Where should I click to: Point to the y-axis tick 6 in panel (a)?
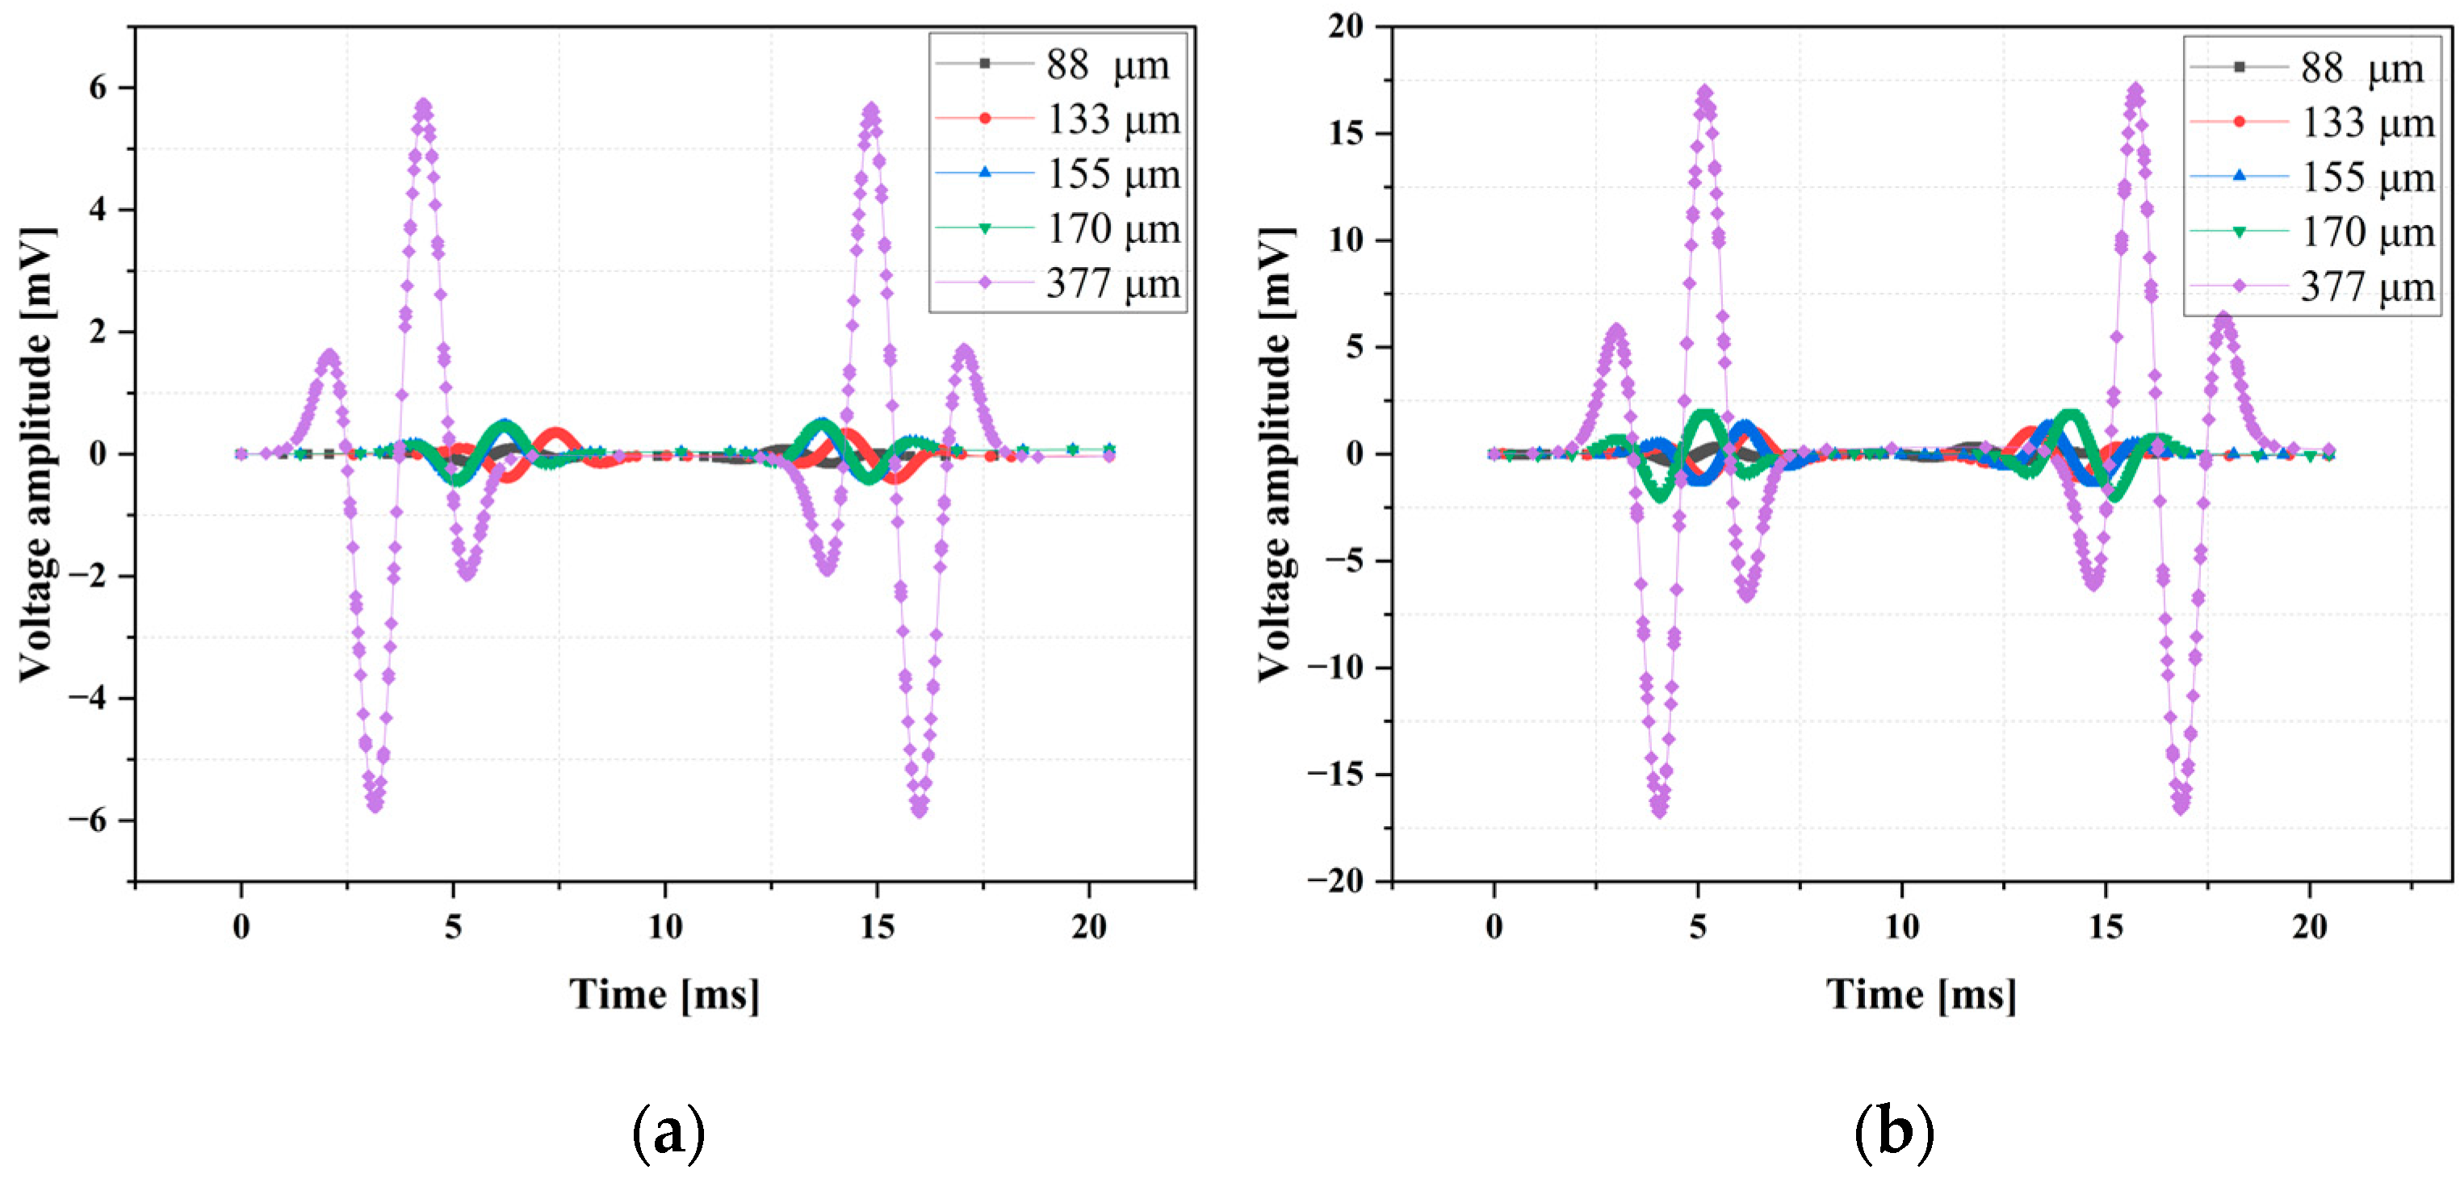click(98, 88)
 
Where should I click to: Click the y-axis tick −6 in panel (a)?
click(88, 821)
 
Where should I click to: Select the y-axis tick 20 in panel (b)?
click(1346, 27)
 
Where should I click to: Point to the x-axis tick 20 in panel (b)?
click(2309, 926)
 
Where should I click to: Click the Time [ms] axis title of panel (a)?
click(664, 994)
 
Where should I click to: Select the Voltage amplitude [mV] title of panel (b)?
click(1275, 454)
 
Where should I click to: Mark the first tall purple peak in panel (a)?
click(424, 104)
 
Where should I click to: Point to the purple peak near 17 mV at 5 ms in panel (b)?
click(1704, 93)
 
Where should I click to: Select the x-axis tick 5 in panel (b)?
click(1698, 926)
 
